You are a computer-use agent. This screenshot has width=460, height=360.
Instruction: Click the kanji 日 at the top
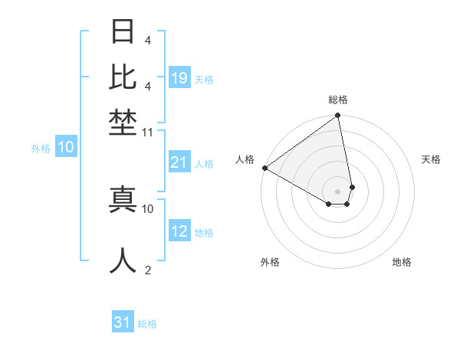click(123, 32)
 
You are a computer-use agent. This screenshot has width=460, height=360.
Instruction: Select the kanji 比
click(123, 77)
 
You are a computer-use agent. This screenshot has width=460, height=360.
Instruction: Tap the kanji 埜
click(123, 122)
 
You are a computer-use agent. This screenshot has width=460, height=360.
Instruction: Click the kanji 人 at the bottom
click(123, 260)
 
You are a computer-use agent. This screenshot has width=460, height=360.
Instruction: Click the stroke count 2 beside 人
click(147, 270)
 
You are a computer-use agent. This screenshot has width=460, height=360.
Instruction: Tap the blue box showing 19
click(179, 77)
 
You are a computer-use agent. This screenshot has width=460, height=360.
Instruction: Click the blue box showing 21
click(179, 162)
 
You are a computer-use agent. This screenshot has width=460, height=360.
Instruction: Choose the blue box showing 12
click(179, 231)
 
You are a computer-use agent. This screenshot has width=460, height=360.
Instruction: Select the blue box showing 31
click(122, 322)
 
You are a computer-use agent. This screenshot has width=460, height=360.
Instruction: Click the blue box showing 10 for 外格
click(65, 148)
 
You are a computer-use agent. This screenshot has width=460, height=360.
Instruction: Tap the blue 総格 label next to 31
click(147, 324)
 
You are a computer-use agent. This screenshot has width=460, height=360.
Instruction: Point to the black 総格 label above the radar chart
click(338, 100)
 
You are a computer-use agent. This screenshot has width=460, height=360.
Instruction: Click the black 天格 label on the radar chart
click(431, 159)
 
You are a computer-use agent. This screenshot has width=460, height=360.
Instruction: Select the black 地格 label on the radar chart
click(402, 263)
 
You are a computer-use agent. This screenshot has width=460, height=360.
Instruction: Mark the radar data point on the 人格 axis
click(264, 168)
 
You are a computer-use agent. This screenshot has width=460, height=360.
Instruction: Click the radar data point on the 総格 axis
click(338, 116)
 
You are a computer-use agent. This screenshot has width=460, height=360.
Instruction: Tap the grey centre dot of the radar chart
click(338, 191)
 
